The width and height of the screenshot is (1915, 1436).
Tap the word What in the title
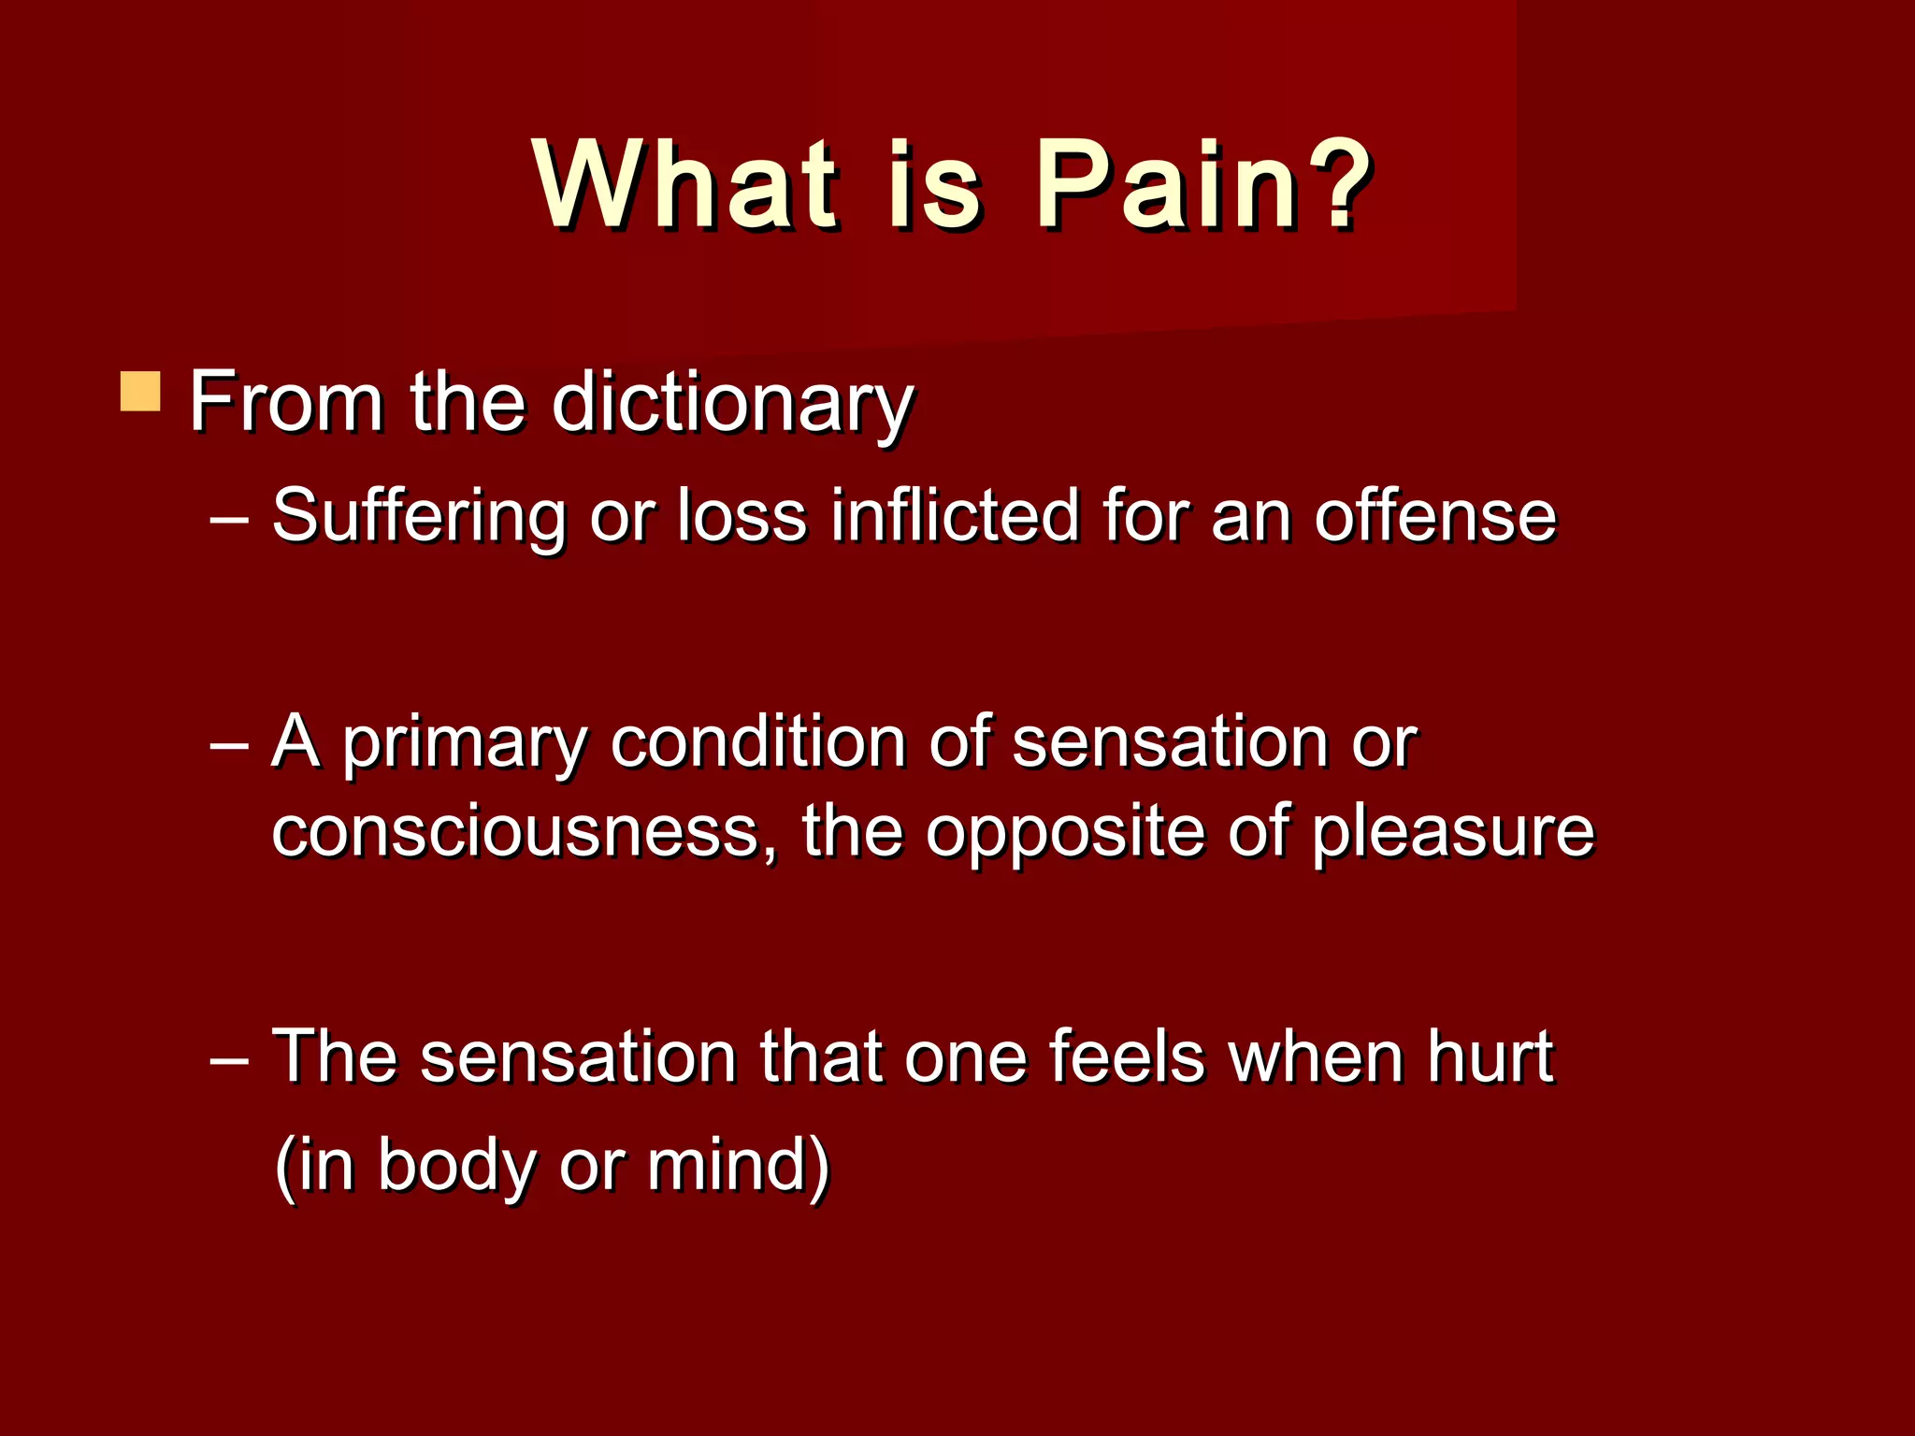click(684, 184)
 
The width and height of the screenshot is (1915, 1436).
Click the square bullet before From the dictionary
click(140, 392)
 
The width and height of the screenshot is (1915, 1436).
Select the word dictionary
click(732, 404)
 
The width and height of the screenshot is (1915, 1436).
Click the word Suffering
click(418, 517)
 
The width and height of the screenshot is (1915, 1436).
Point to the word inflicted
click(955, 515)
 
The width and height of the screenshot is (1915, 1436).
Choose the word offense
click(1435, 517)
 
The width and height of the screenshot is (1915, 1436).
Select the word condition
click(758, 742)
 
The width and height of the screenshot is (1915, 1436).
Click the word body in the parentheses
click(456, 1167)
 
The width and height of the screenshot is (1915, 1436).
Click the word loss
click(742, 516)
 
